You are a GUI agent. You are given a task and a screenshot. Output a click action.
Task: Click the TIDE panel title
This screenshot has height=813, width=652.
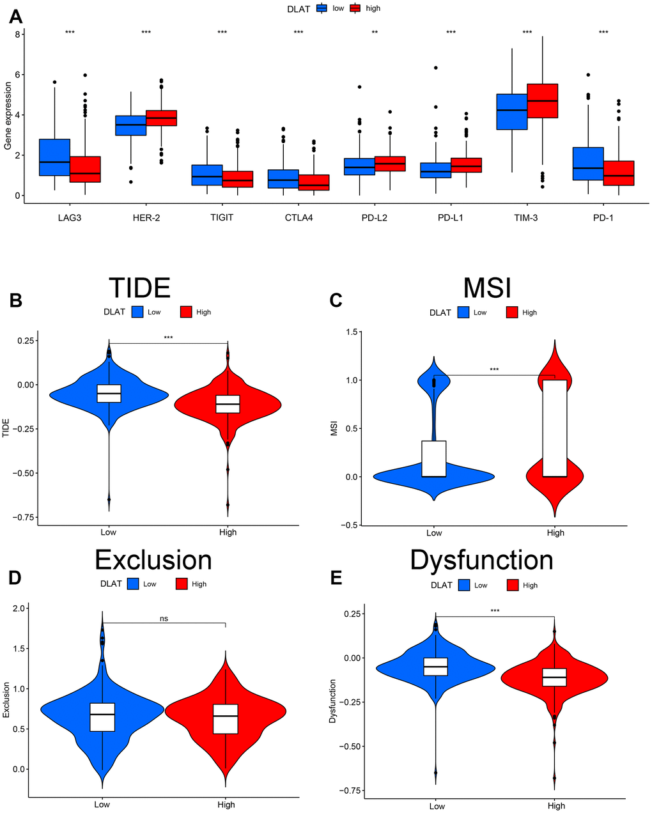pos(139,288)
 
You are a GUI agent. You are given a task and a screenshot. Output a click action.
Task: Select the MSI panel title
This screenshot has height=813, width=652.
pos(487,288)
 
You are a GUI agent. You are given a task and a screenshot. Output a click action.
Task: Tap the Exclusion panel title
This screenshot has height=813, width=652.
pos(153,560)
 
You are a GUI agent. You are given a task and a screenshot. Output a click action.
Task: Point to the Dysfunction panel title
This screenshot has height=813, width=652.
pos(481,560)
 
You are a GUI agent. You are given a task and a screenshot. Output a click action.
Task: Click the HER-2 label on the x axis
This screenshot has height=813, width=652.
pos(146,217)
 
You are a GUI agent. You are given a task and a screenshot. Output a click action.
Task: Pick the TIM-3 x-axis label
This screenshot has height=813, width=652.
pos(527,217)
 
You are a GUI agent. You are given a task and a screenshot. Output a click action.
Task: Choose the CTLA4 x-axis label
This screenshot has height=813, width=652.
pos(299,217)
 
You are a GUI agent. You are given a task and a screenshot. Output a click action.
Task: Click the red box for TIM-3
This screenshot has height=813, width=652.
pos(542,101)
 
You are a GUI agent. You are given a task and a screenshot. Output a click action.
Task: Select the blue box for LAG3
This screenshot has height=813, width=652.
pos(54,157)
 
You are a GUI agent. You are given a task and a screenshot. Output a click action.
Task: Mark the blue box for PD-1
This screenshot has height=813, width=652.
pos(588,164)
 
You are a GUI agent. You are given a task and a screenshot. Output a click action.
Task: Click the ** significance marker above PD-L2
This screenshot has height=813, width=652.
pos(375,33)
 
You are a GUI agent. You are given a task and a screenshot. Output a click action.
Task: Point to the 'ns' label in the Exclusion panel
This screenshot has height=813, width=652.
pos(164,618)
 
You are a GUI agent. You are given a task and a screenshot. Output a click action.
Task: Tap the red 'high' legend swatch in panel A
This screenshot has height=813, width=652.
pos(354,8)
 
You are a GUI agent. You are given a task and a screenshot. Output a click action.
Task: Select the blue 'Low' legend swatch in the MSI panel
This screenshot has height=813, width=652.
pos(463,313)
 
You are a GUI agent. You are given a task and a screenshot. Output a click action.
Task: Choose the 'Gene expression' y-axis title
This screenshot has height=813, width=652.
pos(8,116)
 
